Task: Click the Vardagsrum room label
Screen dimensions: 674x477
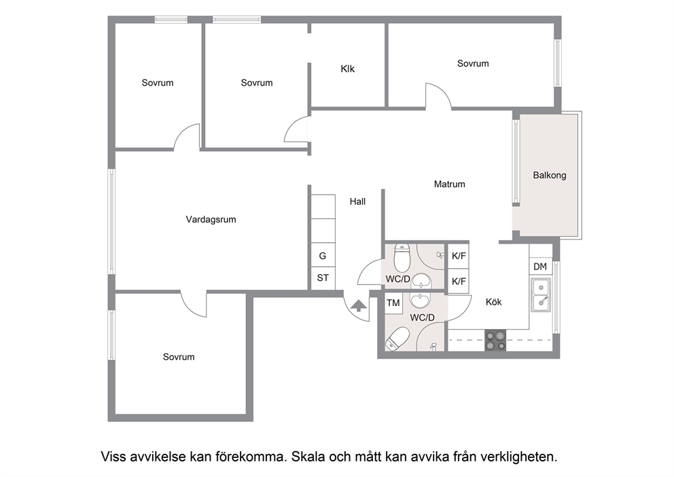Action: tap(211, 220)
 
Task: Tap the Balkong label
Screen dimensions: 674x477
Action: tap(550, 176)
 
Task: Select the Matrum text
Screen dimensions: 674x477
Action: tap(449, 184)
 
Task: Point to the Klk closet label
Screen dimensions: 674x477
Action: tap(347, 69)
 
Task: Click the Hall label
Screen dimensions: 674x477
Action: tap(357, 201)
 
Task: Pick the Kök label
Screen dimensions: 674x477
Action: tap(493, 302)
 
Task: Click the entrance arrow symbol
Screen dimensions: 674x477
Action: tap(359, 306)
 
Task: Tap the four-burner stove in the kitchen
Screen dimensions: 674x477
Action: tap(495, 340)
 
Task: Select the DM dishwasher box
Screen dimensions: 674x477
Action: tap(540, 267)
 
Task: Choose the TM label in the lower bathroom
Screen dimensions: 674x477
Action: tap(393, 303)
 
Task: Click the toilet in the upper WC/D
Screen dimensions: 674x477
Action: tap(402, 257)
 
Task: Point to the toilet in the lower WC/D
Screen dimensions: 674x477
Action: tap(397, 340)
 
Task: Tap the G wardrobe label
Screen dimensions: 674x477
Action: tap(322, 256)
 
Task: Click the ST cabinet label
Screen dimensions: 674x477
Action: tap(323, 278)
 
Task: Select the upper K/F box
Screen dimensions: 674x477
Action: tap(459, 256)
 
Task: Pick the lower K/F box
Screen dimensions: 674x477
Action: tap(459, 282)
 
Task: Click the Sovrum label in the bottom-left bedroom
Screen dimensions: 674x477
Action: tap(179, 357)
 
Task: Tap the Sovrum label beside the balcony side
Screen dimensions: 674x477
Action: tap(473, 64)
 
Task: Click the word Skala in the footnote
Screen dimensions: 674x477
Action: tap(308, 457)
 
